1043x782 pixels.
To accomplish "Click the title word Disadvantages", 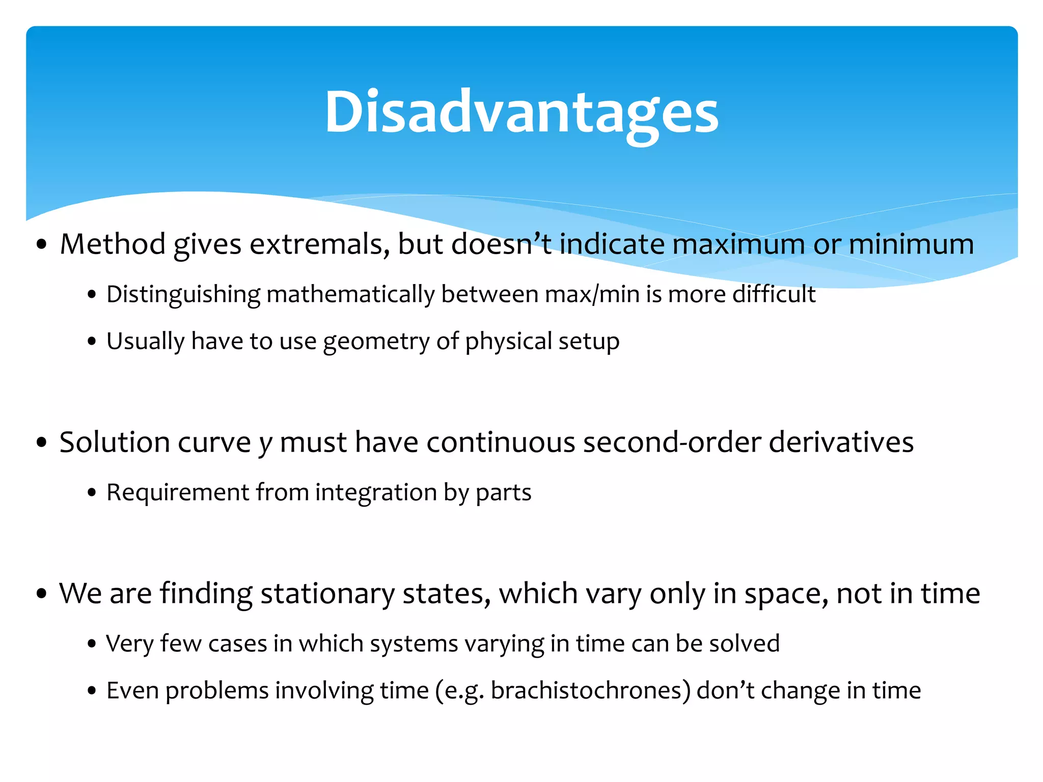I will coord(521,112).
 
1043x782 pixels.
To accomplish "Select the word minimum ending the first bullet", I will coord(911,244).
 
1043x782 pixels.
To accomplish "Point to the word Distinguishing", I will coord(183,295).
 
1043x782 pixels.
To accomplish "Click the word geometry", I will coord(376,342).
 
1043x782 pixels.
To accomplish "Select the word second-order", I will coord(672,442).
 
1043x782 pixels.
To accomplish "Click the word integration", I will coord(376,493).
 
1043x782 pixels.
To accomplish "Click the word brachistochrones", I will coord(590,691).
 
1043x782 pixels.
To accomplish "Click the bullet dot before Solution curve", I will coord(42,442).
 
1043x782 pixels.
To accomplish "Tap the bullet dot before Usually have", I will coord(92,342).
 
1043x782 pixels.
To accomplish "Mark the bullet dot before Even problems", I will coord(92,691).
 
